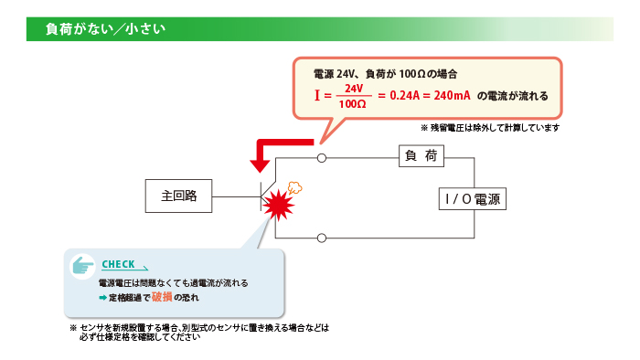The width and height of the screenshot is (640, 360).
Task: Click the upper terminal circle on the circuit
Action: pos(322,158)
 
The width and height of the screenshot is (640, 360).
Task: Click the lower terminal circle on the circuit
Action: pos(322,238)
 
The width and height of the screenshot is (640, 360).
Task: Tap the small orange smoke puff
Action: pos(295,187)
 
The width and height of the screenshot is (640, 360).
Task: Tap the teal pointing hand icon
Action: pos(84,265)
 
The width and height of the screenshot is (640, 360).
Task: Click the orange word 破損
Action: pos(161,298)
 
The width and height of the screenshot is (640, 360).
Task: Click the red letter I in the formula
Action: pos(316,95)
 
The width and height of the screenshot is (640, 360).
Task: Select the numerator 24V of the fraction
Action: pos(354,88)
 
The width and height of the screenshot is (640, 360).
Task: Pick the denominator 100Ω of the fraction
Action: pos(353,104)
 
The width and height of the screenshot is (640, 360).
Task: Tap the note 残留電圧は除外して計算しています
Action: pos(494,128)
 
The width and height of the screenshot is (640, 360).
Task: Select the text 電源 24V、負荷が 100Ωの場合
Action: pos(384,71)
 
